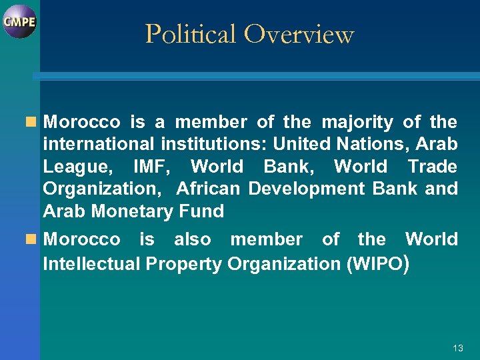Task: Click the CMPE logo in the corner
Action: (19, 21)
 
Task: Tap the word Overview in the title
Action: (299, 34)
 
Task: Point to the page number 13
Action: (457, 348)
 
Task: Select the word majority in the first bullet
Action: (357, 123)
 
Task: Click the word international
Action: (99, 145)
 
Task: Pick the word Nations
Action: (389, 145)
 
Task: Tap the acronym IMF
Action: (153, 167)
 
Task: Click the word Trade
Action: (433, 167)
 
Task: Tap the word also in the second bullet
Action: (193, 239)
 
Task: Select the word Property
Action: (184, 264)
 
